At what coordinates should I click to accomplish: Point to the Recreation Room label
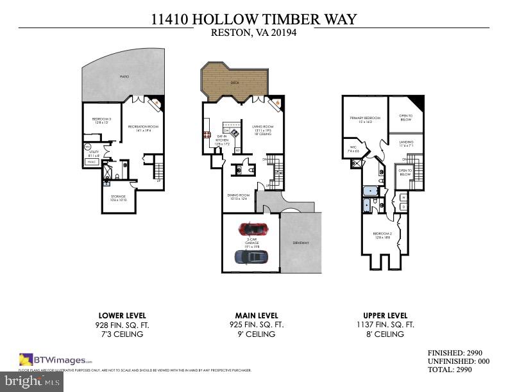pyautogui.click(x=142, y=129)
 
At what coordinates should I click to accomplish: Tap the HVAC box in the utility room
pyautogui.click(x=92, y=161)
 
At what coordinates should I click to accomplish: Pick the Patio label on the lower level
pyautogui.click(x=124, y=77)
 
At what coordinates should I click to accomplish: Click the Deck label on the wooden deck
pyautogui.click(x=235, y=83)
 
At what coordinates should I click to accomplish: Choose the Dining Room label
pyautogui.click(x=238, y=197)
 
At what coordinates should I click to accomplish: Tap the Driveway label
pyautogui.click(x=301, y=243)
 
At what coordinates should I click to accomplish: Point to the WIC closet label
pyautogui.click(x=353, y=149)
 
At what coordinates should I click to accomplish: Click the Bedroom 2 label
pyautogui.click(x=382, y=235)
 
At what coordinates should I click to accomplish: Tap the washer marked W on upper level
pyautogui.click(x=403, y=198)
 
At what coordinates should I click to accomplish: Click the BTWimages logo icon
pyautogui.click(x=26, y=359)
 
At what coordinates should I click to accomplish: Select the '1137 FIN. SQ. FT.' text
pyautogui.click(x=385, y=325)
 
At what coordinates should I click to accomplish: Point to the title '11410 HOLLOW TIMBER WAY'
pyautogui.click(x=253, y=20)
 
